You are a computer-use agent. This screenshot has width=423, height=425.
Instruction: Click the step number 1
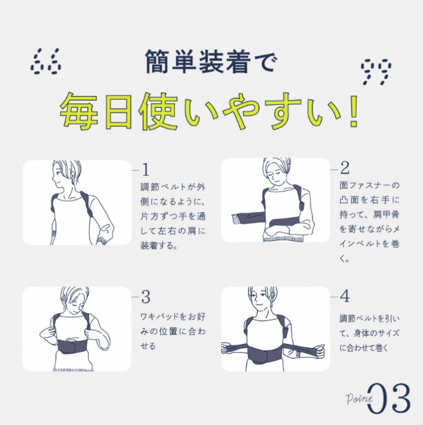click(146, 169)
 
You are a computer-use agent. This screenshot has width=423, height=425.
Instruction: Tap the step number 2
click(345, 168)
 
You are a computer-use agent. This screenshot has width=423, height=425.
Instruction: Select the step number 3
click(146, 297)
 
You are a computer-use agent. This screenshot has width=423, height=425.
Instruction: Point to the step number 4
click(345, 296)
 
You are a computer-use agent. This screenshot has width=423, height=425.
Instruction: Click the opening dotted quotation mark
click(45, 61)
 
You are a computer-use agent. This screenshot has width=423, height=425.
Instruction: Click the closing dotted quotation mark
click(376, 72)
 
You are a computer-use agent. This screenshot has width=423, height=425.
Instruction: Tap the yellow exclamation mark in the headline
click(353, 111)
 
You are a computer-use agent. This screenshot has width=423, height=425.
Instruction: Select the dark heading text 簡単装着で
click(211, 61)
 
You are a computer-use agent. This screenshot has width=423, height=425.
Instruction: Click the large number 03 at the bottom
click(389, 398)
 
